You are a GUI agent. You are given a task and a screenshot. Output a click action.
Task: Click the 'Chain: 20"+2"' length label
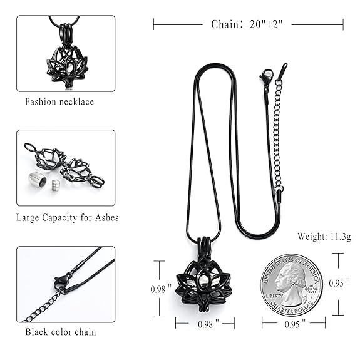247,24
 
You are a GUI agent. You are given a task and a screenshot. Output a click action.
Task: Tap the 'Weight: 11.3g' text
324,236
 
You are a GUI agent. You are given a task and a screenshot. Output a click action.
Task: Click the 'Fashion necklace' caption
59,101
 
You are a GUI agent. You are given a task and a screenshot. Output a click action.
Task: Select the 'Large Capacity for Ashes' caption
68,217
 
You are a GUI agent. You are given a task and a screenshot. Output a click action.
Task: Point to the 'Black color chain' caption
61,332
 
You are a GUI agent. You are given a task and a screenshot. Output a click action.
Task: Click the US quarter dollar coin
292,285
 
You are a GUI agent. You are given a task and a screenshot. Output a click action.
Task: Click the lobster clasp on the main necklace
267,76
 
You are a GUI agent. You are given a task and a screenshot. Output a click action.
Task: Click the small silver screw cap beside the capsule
55,184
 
